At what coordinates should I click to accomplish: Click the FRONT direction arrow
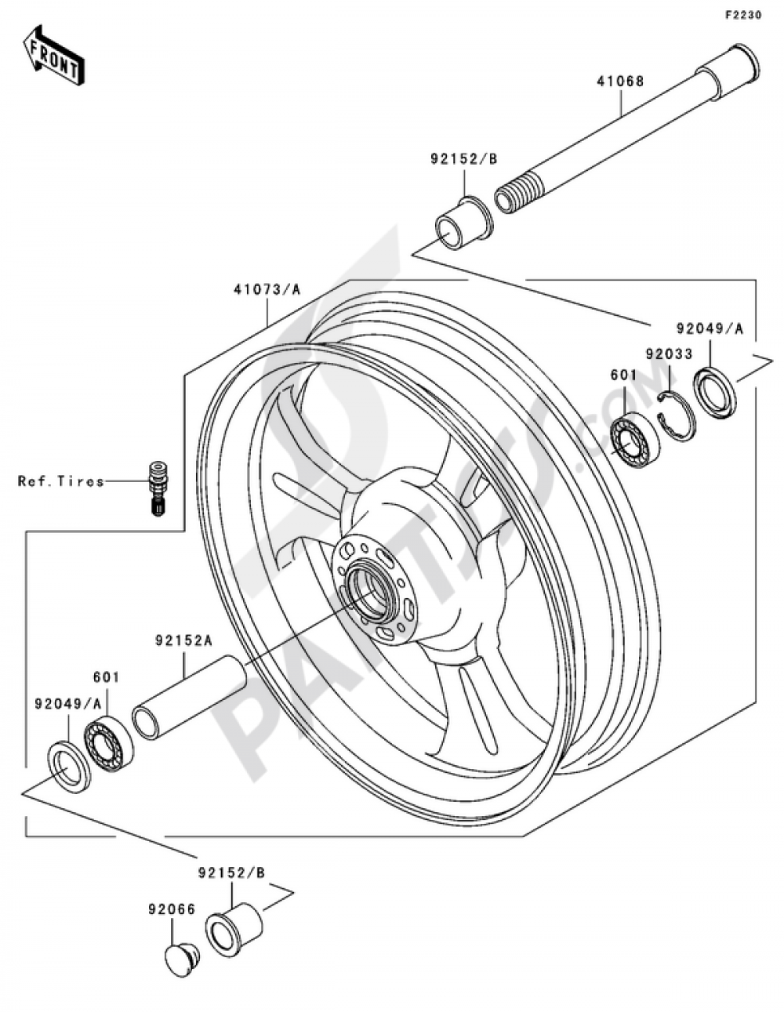tap(54, 55)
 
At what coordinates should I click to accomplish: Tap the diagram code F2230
tap(743, 16)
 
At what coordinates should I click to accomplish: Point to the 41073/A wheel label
tap(267, 290)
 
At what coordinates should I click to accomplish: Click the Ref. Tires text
tap(61, 481)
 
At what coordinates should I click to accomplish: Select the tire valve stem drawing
tap(159, 488)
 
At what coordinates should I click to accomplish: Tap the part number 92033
tap(669, 354)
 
